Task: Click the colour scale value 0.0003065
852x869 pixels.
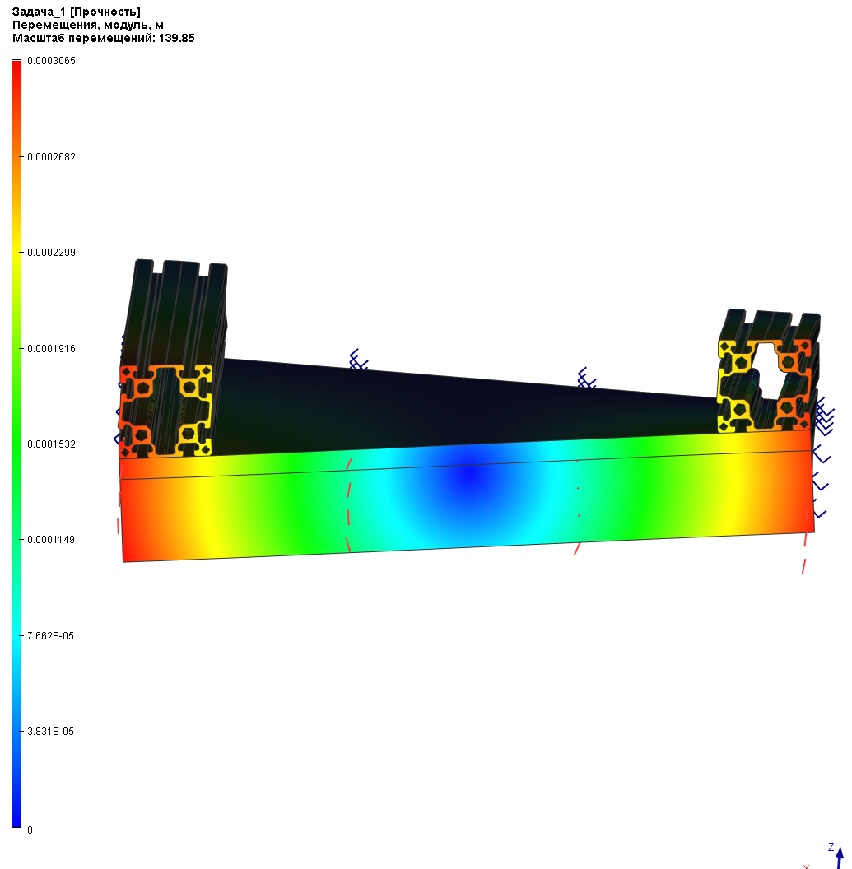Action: pos(51,61)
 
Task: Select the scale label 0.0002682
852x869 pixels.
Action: pos(51,157)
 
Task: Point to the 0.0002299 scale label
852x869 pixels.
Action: pos(51,253)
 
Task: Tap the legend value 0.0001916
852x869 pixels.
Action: pos(51,349)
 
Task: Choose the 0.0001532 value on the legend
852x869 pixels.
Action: pos(51,444)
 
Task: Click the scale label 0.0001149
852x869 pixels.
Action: pos(51,540)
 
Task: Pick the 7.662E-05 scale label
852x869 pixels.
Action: pos(50,636)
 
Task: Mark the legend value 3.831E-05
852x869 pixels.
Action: pos(50,732)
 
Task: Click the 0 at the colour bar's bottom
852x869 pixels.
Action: pos(30,830)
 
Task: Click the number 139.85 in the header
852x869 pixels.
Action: pos(176,38)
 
